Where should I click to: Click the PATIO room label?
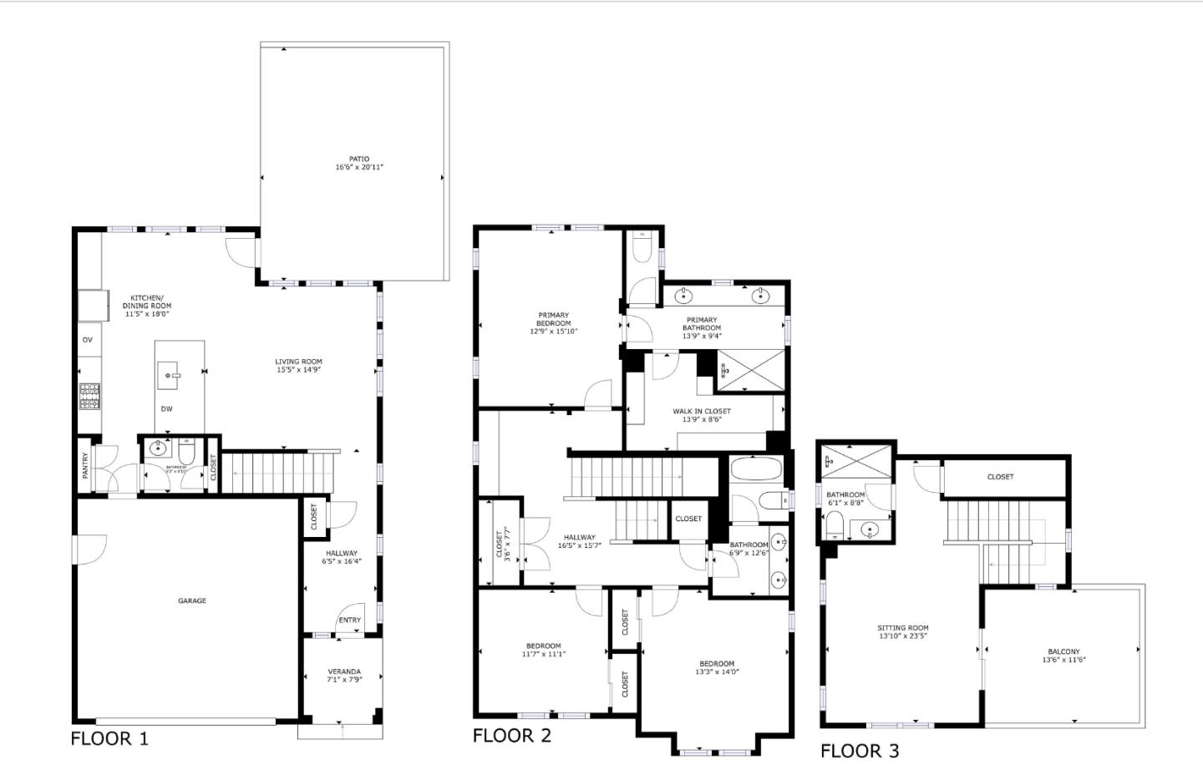[359, 159]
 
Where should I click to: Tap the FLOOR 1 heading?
[109, 738]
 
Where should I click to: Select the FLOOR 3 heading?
[860, 751]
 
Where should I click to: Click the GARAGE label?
[191, 600]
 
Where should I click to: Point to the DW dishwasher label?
[167, 409]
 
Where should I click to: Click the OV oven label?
[87, 340]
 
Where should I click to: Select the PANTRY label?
[85, 466]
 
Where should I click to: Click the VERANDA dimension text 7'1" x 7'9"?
[344, 680]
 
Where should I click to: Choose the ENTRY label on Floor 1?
[349, 620]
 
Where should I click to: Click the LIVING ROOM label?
[298, 362]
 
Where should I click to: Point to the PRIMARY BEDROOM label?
[553, 319]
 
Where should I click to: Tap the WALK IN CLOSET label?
[702, 411]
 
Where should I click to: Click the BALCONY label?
[1063, 651]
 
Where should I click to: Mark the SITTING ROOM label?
[903, 627]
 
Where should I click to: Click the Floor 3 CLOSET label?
[1000, 477]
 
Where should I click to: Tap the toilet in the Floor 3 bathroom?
[835, 526]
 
